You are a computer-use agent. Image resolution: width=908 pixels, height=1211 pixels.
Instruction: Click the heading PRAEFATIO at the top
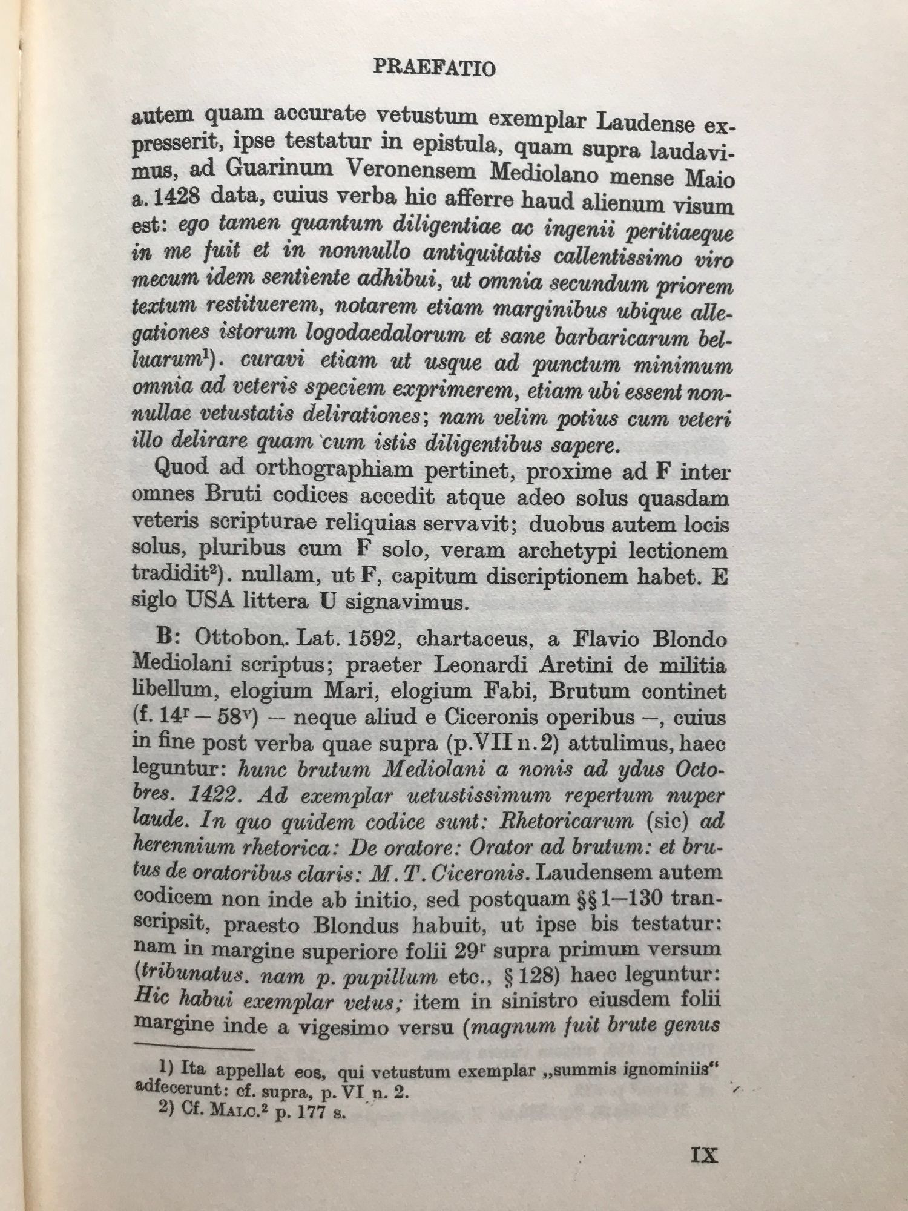[x=434, y=68]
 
